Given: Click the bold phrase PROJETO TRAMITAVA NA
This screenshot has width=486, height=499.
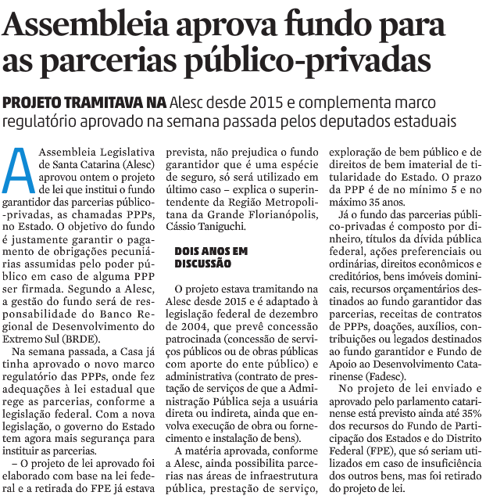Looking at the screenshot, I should tap(84, 103).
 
